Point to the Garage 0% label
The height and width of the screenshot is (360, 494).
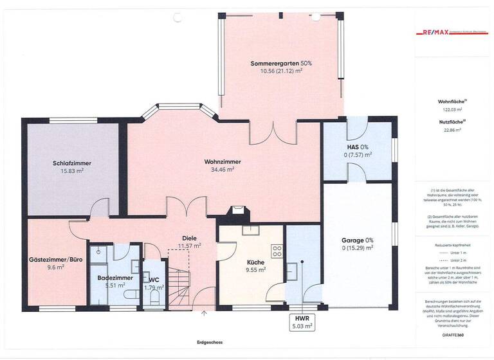pos(357,240)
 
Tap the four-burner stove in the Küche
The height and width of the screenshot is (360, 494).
pos(277,251)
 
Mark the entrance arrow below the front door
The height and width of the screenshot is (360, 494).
pos(205,313)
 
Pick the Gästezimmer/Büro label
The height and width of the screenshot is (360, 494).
pos(55,260)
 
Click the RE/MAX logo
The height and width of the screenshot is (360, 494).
pos(442,30)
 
